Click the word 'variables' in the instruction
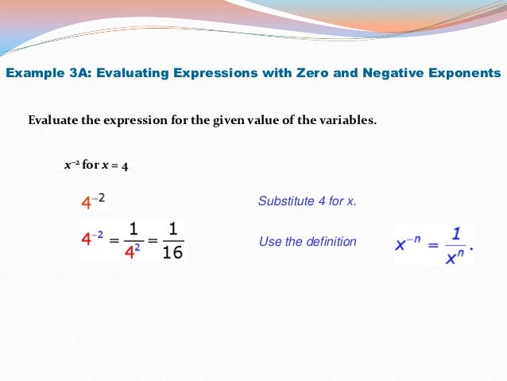click(x=349, y=121)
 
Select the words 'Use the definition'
click(x=308, y=241)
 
